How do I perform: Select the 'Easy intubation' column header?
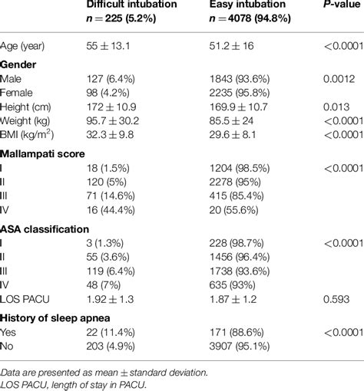pyautogui.click(x=248, y=7)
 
